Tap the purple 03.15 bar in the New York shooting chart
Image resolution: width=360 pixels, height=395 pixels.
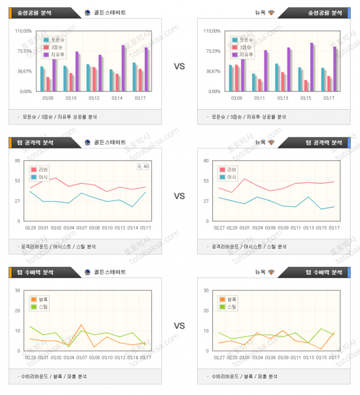pyautogui.click(x=311, y=66)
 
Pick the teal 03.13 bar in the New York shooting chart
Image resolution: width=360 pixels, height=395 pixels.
pyautogui.click(x=276, y=77)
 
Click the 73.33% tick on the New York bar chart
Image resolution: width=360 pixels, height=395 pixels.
pyautogui.click(x=213, y=51)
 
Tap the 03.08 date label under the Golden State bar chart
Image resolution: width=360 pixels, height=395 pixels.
pyautogui.click(x=48, y=98)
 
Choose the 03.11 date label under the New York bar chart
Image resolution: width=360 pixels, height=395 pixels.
pyautogui.click(x=259, y=98)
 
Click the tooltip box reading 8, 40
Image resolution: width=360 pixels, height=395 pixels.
pyautogui.click(x=143, y=166)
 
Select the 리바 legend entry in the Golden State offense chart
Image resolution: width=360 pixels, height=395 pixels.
pyautogui.click(x=42, y=170)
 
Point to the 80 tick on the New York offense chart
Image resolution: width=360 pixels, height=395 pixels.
pyautogui.click(x=206, y=161)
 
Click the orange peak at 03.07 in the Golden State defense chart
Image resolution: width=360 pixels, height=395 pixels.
pyautogui.click(x=81, y=325)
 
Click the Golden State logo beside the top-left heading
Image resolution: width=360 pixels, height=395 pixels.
pyautogui.click(x=88, y=12)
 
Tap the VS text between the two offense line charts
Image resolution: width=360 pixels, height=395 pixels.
pyautogui.click(x=179, y=196)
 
